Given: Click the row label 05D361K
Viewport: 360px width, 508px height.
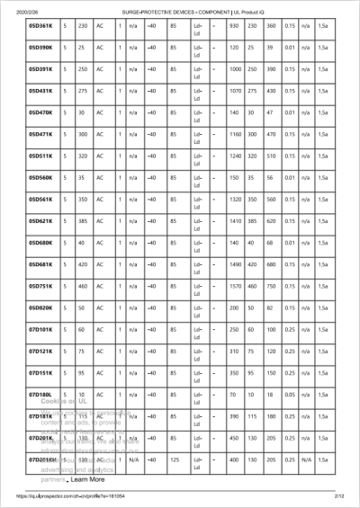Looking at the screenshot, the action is pyautogui.click(x=41, y=25).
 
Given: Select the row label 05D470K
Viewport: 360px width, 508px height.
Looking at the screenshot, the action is pyautogui.click(x=41, y=112).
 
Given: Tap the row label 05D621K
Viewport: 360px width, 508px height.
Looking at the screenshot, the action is pyautogui.click(x=41, y=221).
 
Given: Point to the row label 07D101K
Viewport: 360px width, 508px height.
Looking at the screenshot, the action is pyautogui.click(x=41, y=330).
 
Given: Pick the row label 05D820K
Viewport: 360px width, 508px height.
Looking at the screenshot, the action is pyautogui.click(x=41, y=308).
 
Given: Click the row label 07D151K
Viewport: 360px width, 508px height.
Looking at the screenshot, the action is pyautogui.click(x=41, y=373).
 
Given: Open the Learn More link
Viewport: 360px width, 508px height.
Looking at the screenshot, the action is pyautogui.click(x=87, y=480).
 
